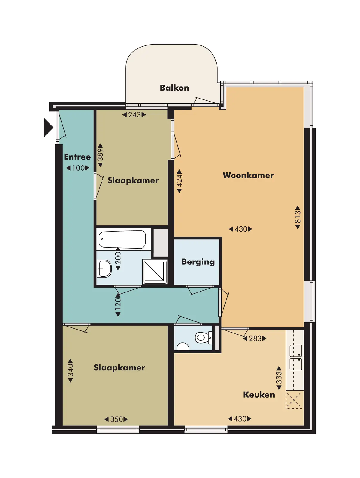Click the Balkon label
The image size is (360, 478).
pos(174,88)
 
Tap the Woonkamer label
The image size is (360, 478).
pos(248,175)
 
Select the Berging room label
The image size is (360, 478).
pos(198,262)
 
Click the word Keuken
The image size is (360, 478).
pos(259,395)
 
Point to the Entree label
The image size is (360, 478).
pos(77,157)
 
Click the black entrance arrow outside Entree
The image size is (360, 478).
pos(48,127)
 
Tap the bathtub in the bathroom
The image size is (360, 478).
pos(122,239)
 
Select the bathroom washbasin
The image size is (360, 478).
pos(104,269)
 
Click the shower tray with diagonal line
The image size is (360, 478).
pos(155,272)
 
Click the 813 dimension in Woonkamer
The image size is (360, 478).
pos(298,217)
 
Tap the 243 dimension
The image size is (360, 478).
pos(134,114)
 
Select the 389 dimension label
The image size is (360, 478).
pos(100,155)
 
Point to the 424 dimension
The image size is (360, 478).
pos(179,181)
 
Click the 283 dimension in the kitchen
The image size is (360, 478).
pos(255,338)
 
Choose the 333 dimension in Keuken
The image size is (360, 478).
pos(279,378)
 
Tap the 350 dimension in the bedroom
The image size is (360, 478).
pos(116,419)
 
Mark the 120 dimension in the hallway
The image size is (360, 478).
pos(118,305)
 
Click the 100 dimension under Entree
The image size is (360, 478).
pos(78,168)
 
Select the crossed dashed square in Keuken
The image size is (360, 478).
pos(294,400)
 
